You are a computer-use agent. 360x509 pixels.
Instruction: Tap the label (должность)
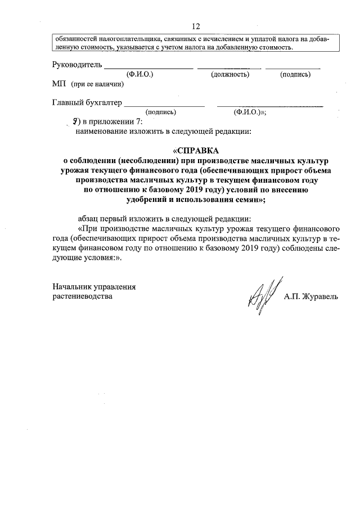tap(230, 75)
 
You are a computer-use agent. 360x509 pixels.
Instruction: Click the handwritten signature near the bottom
tap(262, 295)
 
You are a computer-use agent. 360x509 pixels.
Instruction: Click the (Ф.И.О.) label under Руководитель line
tap(141, 75)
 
